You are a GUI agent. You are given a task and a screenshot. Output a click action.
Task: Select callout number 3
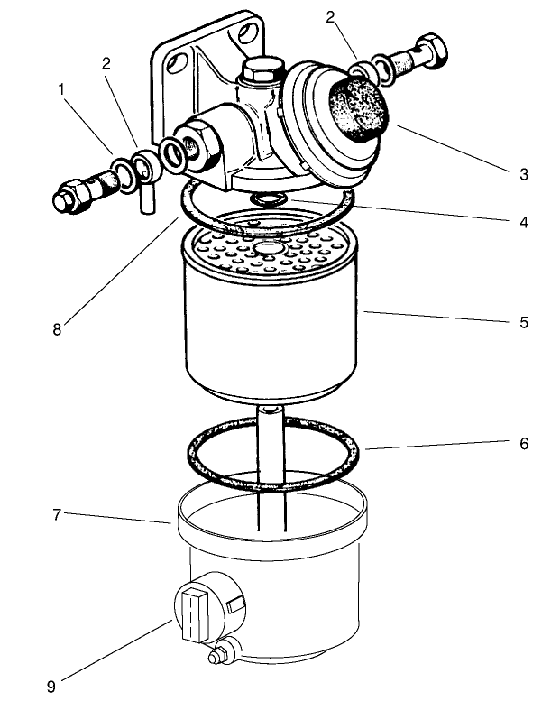pyautogui.click(x=524, y=174)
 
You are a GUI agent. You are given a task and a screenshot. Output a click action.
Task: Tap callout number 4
pyautogui.click(x=524, y=220)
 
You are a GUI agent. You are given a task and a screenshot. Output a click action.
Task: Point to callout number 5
pyautogui.click(x=524, y=321)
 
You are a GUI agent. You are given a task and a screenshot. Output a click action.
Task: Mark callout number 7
pyautogui.click(x=58, y=514)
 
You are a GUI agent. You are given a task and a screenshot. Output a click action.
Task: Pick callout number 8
pyautogui.click(x=58, y=329)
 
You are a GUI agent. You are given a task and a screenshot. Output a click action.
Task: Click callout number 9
pyautogui.click(x=51, y=687)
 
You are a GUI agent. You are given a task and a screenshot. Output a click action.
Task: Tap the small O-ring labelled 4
pyautogui.click(x=266, y=198)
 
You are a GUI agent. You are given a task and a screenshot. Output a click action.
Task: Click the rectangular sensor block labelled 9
pyautogui.click(x=194, y=613)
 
